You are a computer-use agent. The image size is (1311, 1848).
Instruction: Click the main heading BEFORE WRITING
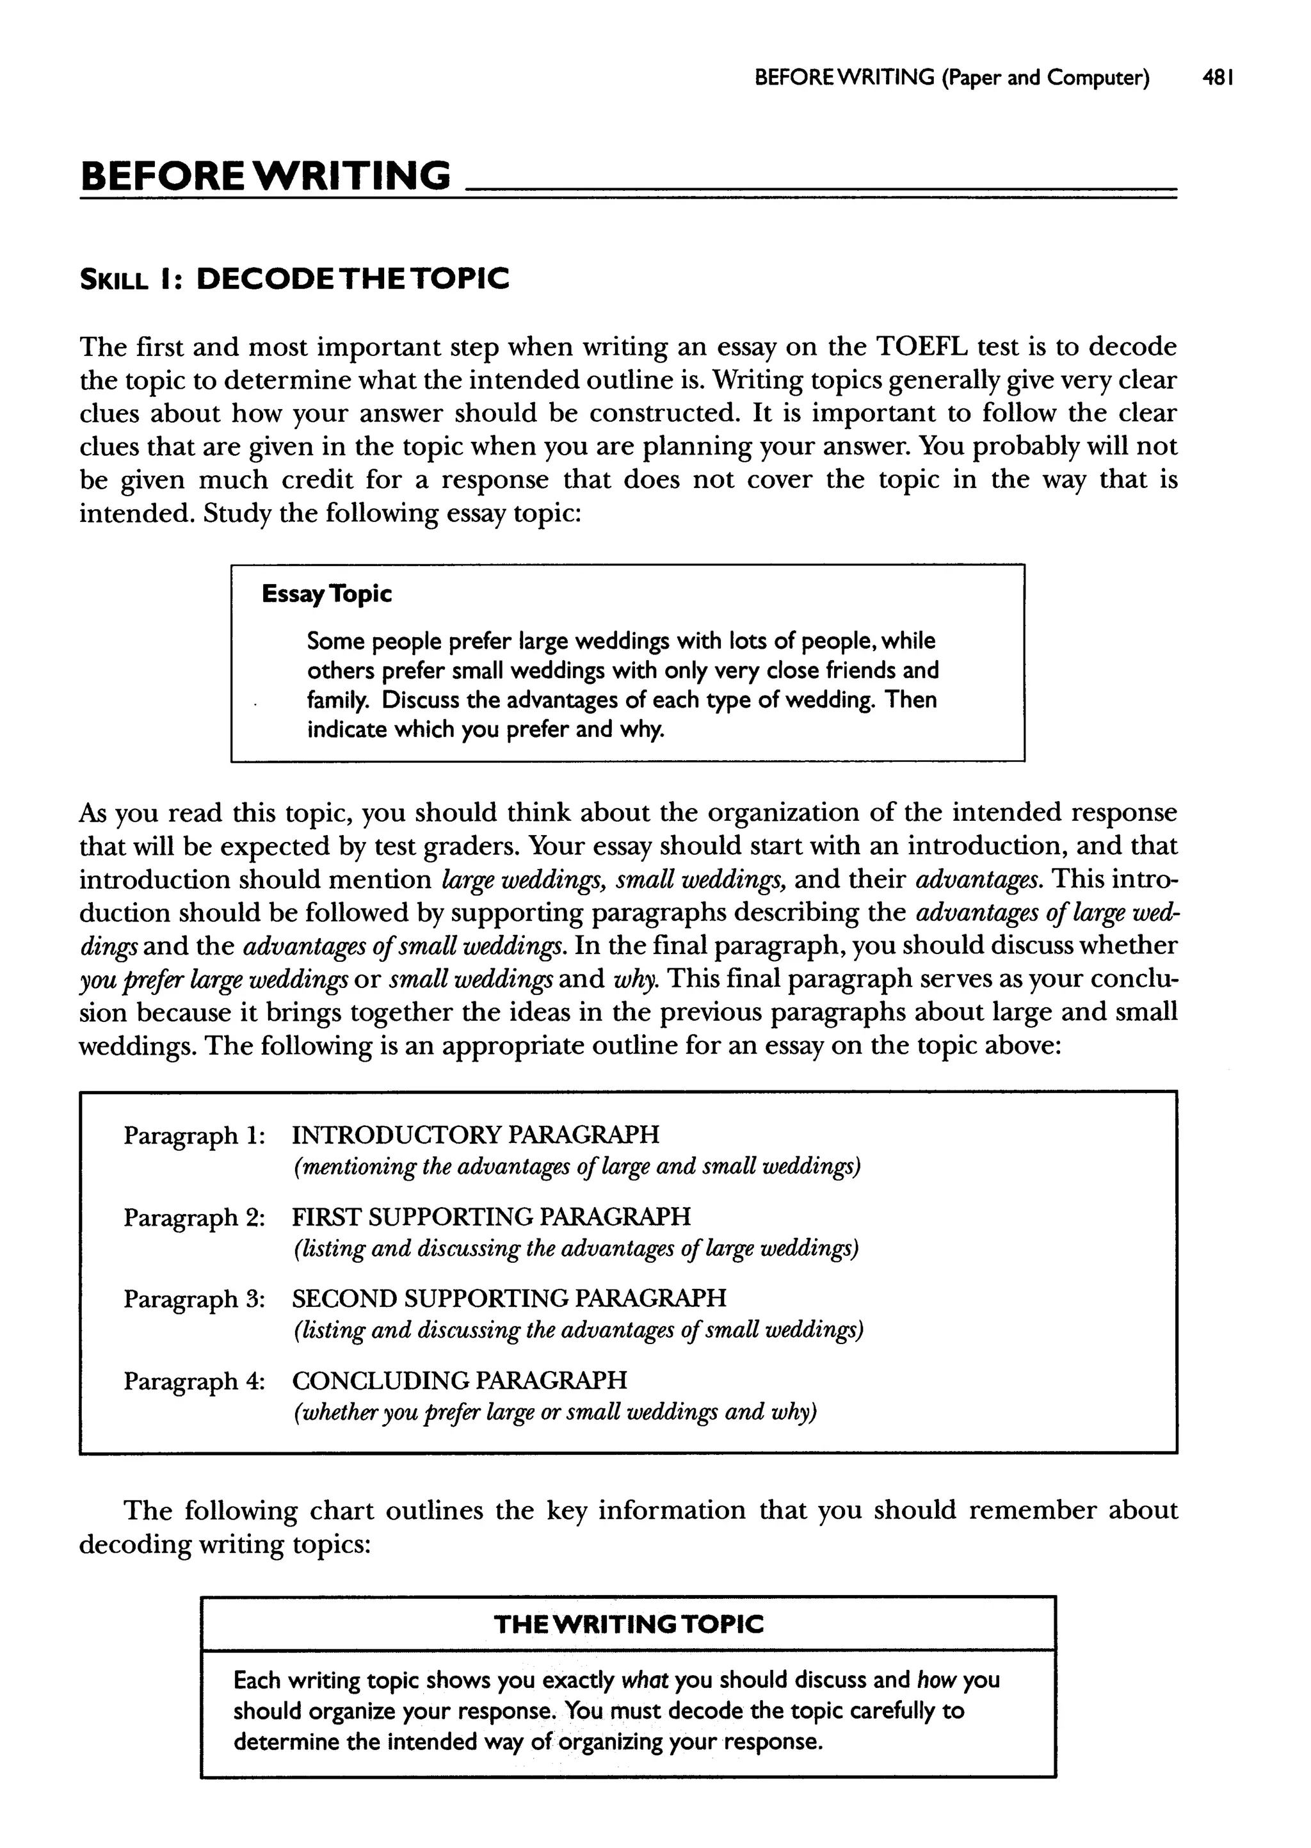[x=266, y=176]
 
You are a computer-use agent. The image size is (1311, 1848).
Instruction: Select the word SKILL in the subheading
[x=114, y=281]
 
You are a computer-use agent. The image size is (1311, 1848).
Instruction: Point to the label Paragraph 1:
[x=194, y=1135]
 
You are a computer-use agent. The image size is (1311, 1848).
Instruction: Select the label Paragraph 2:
[x=194, y=1217]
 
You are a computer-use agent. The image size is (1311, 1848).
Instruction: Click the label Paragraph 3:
[x=194, y=1298]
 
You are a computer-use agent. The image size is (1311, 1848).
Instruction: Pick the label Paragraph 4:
[x=194, y=1381]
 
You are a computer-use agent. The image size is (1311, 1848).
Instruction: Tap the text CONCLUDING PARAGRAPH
[x=460, y=1380]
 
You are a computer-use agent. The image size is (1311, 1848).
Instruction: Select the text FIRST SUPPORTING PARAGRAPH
[x=491, y=1216]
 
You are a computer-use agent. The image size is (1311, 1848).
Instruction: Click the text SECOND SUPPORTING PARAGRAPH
[x=508, y=1297]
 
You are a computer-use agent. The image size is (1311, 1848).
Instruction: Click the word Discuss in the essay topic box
[x=421, y=699]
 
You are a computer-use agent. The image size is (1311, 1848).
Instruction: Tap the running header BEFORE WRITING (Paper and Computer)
[x=952, y=77]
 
